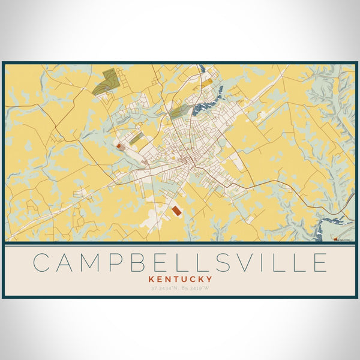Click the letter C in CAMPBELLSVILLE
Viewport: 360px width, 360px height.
pyautogui.click(x=43, y=262)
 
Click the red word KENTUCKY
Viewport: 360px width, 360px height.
pyautogui.click(x=180, y=279)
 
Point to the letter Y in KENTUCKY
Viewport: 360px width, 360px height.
pyautogui.click(x=209, y=279)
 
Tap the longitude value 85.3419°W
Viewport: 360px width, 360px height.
pyautogui.click(x=195, y=289)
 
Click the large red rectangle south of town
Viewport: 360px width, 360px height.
pyautogui.click(x=177, y=211)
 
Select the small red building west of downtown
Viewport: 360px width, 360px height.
pyautogui.click(x=119, y=146)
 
